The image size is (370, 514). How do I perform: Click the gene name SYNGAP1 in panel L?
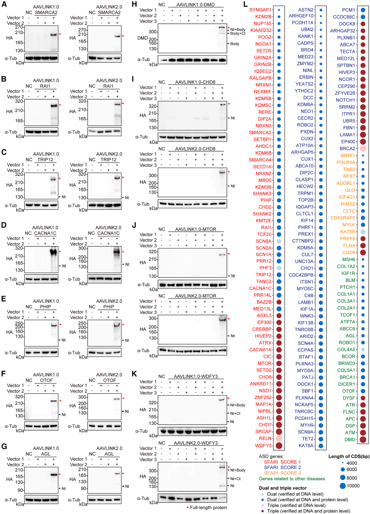coord(260,10)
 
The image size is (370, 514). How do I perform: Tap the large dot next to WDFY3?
coord(279,445)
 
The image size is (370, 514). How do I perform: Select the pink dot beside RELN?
coord(279,438)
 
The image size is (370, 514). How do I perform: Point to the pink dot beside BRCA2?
coord(363,149)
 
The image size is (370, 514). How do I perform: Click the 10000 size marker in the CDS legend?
coord(343,486)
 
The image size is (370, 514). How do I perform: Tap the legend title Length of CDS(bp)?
coord(349,456)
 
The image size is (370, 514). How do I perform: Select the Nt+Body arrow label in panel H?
coord(238,29)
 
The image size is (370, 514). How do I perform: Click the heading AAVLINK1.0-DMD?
coord(196,5)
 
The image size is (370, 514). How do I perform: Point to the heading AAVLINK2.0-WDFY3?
coord(196,443)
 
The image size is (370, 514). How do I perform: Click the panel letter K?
coord(135,374)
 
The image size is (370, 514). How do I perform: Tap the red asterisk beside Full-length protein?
coord(187,508)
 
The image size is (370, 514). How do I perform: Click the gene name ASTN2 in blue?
coord(306,10)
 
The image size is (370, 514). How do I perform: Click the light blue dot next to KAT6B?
coord(363,232)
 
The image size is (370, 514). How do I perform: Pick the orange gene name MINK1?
coord(348,156)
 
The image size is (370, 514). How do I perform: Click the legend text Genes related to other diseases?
coord(292,479)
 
